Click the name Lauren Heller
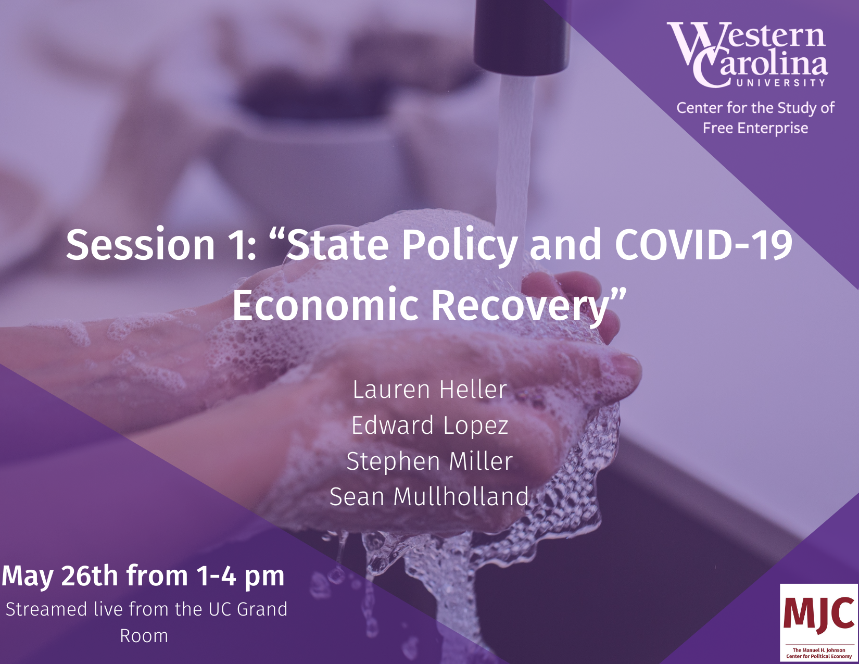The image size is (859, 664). click(429, 390)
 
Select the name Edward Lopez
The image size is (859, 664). click(429, 425)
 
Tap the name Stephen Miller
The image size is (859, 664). click(429, 461)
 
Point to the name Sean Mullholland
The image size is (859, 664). click(429, 497)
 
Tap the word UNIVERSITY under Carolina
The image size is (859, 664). click(781, 83)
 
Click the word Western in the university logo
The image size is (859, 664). click(747, 37)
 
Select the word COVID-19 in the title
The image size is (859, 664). click(704, 245)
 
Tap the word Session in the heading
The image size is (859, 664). click(141, 245)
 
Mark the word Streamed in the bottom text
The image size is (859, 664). click(46, 609)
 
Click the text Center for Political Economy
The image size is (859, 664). click(819, 657)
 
